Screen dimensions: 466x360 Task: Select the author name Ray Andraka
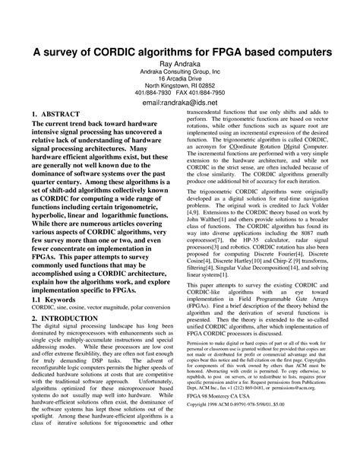pos(180,65)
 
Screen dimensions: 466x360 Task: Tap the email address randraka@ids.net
pos(180,102)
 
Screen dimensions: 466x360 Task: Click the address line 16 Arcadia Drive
pos(180,79)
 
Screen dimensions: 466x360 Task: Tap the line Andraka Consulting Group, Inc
pos(180,72)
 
